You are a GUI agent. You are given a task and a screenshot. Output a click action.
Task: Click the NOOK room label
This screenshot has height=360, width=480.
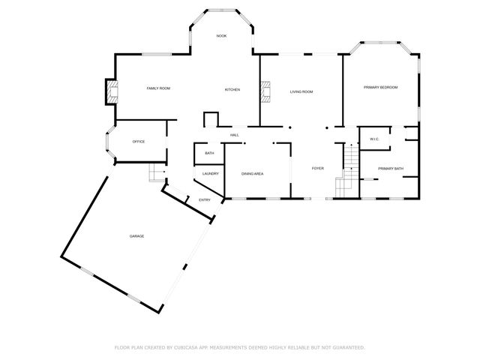221,36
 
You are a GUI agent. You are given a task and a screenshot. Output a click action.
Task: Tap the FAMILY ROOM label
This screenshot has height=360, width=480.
158,88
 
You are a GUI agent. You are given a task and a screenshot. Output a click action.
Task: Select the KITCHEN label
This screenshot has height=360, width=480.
232,90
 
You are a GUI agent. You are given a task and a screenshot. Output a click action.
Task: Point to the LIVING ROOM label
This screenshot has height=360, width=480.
301,91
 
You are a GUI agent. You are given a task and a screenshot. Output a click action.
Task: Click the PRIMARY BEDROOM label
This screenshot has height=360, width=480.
381,88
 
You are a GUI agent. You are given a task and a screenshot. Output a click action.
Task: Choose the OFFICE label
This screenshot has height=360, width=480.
139,141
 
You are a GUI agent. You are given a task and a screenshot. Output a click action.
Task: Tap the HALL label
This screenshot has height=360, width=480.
235,134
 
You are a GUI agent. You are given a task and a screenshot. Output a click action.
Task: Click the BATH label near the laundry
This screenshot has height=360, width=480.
209,153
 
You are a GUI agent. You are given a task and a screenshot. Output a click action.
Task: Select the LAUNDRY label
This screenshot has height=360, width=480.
210,173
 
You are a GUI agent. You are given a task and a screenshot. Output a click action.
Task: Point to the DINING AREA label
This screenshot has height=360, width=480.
252,173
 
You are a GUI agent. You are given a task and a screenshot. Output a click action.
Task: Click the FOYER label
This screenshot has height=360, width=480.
318,168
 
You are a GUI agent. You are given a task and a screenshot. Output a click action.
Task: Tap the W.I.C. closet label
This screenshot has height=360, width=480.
374,139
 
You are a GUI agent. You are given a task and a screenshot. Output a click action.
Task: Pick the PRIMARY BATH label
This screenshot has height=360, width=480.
390,168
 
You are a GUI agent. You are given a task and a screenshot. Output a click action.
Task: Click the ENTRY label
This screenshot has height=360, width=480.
204,199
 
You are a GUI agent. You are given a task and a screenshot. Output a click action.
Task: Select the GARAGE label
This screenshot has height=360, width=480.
136,236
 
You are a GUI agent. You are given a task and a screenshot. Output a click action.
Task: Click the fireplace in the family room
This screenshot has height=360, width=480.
111,92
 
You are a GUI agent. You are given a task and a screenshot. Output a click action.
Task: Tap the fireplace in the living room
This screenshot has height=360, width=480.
265,91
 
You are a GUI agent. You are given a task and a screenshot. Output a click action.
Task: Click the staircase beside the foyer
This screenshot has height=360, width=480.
347,169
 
